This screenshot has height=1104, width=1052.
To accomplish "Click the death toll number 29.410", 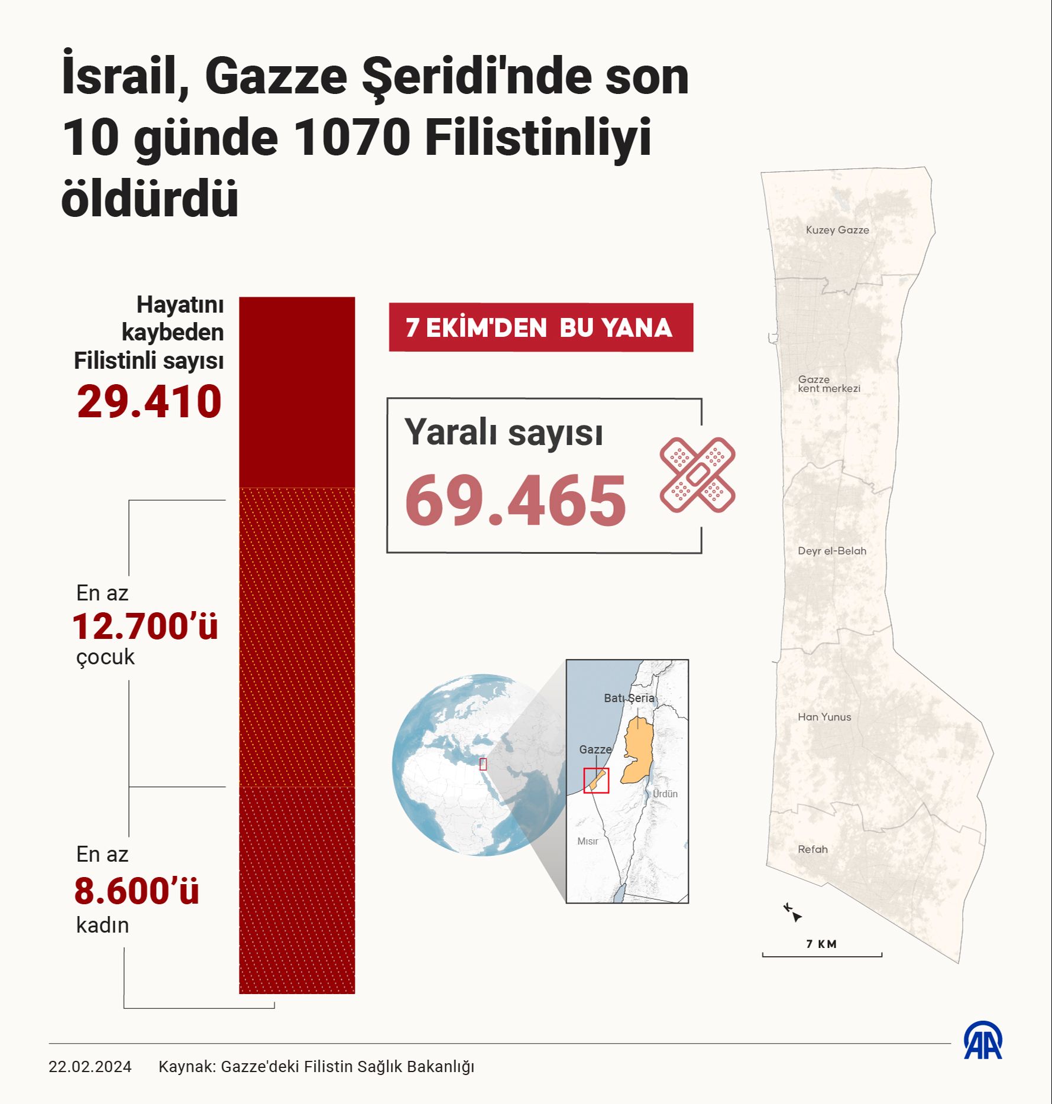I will (149, 402).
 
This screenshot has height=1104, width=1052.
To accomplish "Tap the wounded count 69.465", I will (515, 501).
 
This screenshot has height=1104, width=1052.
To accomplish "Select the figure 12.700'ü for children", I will (145, 626).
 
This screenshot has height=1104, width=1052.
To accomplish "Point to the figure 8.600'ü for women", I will (137, 891).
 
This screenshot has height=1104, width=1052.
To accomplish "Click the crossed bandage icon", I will (698, 475).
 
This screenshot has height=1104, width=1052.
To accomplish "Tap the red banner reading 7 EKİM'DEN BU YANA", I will (540, 327).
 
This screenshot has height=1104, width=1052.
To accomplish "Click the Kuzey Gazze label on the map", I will (837, 230).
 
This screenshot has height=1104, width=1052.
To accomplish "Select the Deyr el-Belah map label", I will (832, 551).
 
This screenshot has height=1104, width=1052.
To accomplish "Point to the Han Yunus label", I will (824, 717).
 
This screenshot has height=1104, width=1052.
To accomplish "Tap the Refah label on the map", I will (813, 849).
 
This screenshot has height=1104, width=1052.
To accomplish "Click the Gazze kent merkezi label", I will (829, 384).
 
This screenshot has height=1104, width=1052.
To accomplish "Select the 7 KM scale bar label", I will (821, 944).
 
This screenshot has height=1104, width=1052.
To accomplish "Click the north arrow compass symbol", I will (793, 913).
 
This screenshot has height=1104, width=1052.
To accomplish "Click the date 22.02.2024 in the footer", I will (90, 1067).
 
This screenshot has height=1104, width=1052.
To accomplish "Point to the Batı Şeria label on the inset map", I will (629, 698).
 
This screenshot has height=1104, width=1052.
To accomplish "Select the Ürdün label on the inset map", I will (665, 794).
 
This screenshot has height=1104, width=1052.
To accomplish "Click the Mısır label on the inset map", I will (588, 841).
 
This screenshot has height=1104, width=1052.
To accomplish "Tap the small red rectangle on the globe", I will (483, 764).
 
